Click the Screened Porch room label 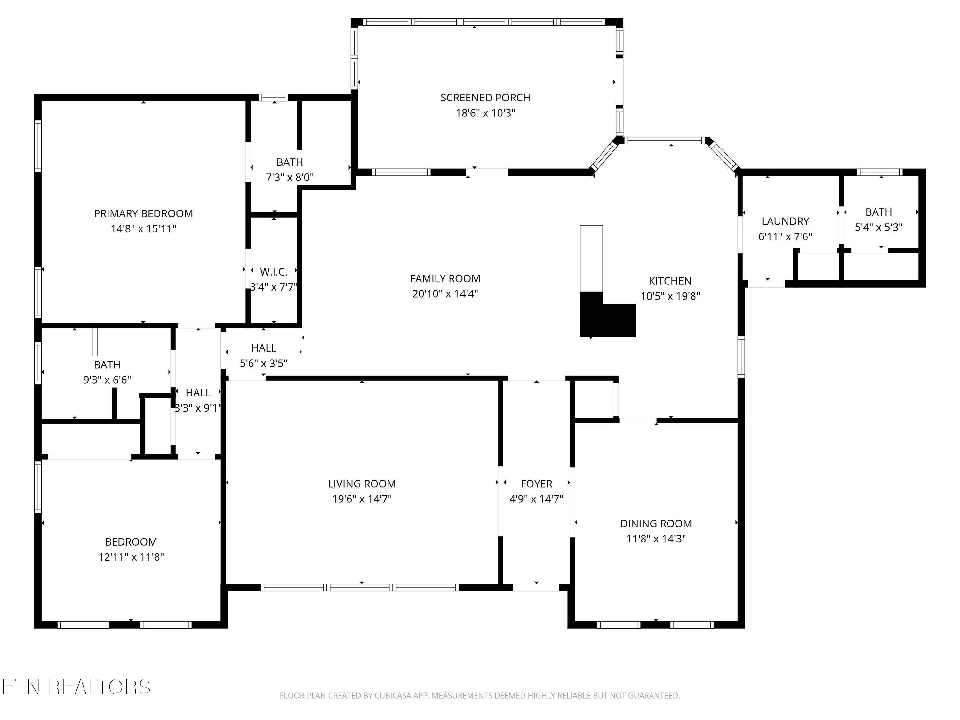485,98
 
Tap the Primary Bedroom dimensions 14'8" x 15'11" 144,229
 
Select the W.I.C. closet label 273,272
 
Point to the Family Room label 445,279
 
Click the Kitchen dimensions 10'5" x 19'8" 670,296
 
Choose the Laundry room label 785,221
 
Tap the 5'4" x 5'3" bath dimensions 878,228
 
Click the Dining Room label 656,524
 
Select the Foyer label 536,484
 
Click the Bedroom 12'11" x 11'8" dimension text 131,557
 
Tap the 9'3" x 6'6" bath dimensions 107,380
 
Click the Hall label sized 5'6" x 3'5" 263,348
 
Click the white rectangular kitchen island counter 592,259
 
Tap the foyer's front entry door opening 536,587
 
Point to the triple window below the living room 360,587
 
